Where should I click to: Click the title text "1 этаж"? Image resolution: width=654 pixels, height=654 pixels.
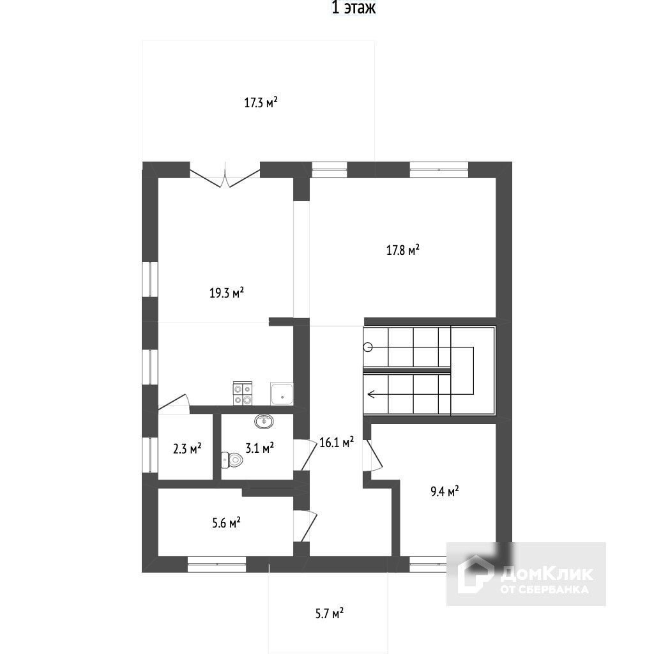[x=353, y=8]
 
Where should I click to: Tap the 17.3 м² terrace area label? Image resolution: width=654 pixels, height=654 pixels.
[x=261, y=102]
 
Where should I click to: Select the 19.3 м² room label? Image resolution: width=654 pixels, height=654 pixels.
[x=227, y=293]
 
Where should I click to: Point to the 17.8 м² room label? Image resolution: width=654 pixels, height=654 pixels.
[x=402, y=250]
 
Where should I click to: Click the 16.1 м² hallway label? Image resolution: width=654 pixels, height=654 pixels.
[x=337, y=442]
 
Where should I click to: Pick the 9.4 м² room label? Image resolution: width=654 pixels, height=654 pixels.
[x=445, y=491]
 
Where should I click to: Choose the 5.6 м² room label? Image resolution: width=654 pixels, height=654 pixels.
[x=226, y=523]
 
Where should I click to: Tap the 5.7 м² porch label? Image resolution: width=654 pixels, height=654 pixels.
[x=330, y=614]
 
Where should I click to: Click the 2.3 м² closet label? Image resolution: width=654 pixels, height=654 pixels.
[x=187, y=448]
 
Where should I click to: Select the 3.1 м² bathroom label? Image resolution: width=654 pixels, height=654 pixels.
[x=260, y=448]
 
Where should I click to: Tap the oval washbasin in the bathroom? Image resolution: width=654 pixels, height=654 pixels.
[x=264, y=422]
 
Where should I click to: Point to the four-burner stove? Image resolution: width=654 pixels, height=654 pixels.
[x=243, y=393]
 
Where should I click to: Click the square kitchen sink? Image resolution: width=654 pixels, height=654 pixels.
[x=282, y=394]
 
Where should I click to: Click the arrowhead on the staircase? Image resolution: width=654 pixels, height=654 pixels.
[x=372, y=394]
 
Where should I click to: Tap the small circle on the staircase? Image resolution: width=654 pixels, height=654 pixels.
[x=368, y=347]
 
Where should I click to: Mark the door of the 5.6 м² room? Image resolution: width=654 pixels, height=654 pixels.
[x=307, y=526]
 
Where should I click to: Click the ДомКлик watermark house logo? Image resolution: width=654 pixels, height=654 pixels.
[x=476, y=573]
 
